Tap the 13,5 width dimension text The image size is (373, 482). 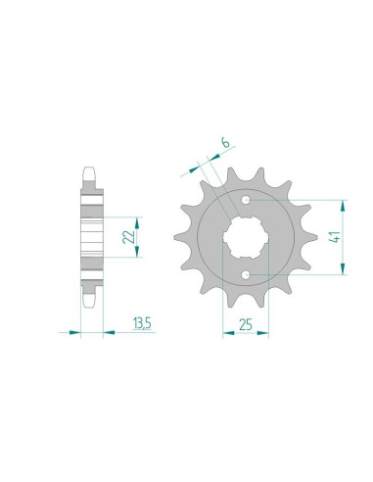click(142, 322)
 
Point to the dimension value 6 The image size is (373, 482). click(224, 144)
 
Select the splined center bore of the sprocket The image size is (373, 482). click(243, 239)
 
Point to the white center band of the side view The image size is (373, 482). click(91, 237)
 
